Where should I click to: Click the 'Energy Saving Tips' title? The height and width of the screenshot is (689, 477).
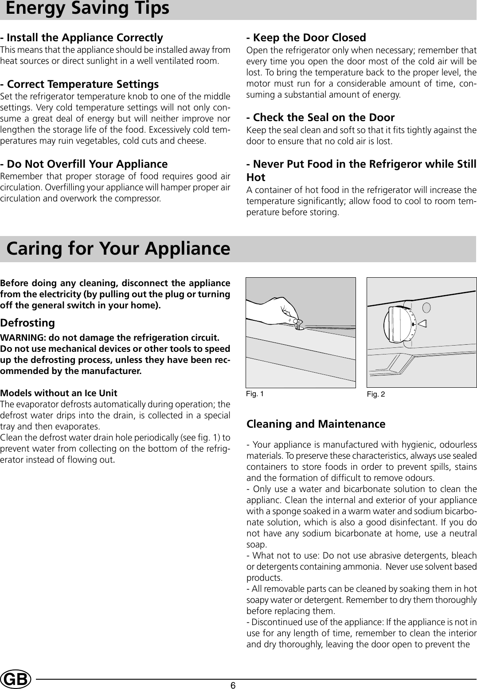pyautogui.click(x=87, y=8)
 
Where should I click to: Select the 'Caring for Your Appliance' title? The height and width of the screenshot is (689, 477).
pyautogui.click(x=118, y=249)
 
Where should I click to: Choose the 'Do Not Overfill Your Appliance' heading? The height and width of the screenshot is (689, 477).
pyautogui.click(x=84, y=164)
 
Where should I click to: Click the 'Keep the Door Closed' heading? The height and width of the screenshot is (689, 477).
pyautogui.click(x=306, y=37)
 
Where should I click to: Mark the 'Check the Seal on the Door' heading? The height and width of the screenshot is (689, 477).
pyautogui.click(x=320, y=118)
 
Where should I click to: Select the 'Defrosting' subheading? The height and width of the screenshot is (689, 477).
pyautogui.click(x=27, y=323)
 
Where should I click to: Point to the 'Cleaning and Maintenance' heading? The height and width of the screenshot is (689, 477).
pyautogui.click(x=316, y=424)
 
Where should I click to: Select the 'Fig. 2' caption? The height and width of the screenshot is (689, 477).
pyautogui.click(x=376, y=394)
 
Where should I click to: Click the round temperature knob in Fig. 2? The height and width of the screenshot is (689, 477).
pyautogui.click(x=398, y=324)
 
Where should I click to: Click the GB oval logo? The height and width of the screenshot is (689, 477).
pyautogui.click(x=16, y=679)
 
